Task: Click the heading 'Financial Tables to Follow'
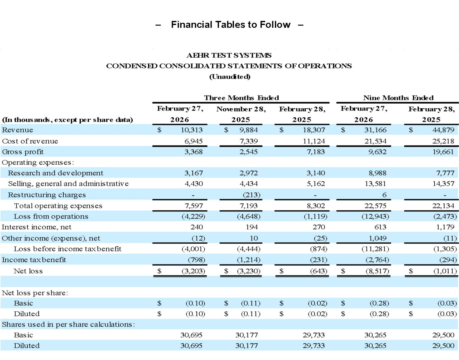(x=230, y=25)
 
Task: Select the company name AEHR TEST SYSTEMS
(x=229, y=55)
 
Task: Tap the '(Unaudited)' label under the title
(x=230, y=76)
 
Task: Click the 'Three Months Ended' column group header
(x=241, y=98)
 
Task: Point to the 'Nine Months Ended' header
(x=398, y=98)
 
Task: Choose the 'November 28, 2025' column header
(x=241, y=114)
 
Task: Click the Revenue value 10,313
(x=192, y=130)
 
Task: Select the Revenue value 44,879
(x=443, y=130)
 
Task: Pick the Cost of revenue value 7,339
(x=249, y=141)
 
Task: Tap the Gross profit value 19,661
(x=443, y=152)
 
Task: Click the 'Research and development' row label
(x=55, y=173)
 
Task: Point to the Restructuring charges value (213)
(x=252, y=195)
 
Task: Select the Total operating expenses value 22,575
(x=375, y=206)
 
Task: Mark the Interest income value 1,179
(x=445, y=227)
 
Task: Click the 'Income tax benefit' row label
(x=34, y=260)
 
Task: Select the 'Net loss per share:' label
(x=35, y=293)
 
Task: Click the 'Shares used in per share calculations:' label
(x=68, y=324)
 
